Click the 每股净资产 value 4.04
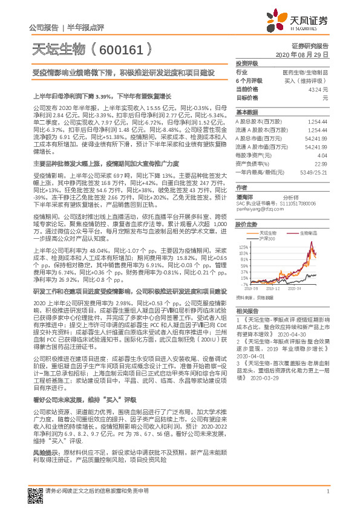[x=323, y=155]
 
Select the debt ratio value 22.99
[x=321, y=163]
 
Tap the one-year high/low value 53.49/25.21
[x=314, y=172]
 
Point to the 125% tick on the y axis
[x=243, y=247]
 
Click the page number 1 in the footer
[x=327, y=491]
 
